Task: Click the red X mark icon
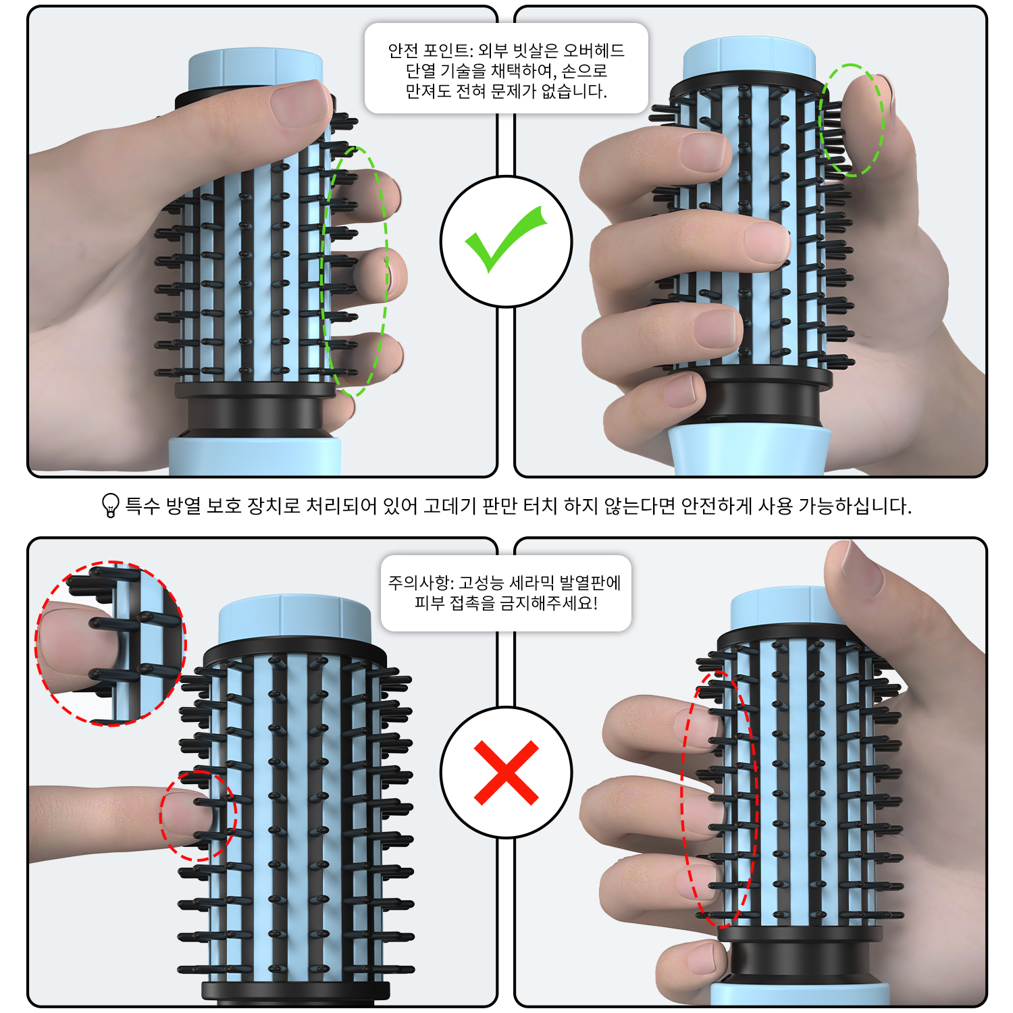coord(506,773)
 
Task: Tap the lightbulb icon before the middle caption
coord(110,505)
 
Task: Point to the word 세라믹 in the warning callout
coord(531,583)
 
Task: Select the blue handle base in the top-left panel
coord(255,457)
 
